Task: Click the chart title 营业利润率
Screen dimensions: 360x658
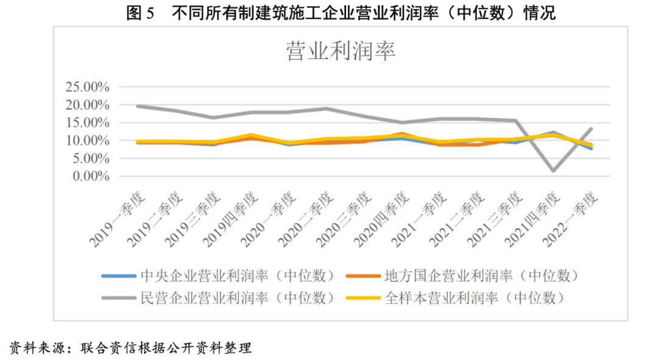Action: click(x=341, y=51)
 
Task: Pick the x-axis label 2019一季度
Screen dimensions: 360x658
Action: click(x=119, y=219)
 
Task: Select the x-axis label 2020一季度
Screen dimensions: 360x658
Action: click(x=270, y=219)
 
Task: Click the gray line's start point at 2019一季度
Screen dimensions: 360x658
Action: click(x=138, y=106)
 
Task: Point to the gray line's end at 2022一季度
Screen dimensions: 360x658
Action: click(x=591, y=129)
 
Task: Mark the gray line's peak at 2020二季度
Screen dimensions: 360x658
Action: click(x=327, y=108)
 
